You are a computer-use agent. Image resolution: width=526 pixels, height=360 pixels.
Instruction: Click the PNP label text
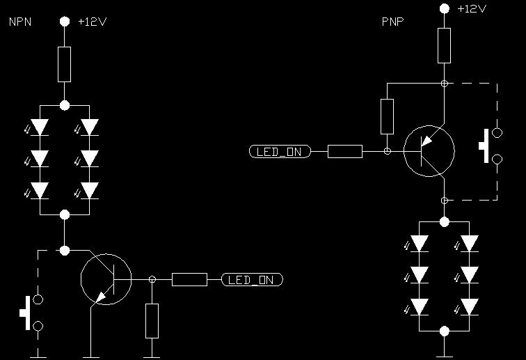[392, 22]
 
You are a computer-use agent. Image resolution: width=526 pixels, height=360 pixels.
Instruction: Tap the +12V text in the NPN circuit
[92, 22]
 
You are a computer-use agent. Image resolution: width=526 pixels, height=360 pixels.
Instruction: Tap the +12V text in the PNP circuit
[472, 8]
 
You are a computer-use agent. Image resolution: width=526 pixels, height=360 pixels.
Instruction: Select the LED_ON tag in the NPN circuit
[252, 280]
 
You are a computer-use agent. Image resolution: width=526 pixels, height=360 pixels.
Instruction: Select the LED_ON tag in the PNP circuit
[280, 150]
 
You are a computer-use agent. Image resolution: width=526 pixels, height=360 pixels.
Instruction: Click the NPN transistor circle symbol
[106, 279]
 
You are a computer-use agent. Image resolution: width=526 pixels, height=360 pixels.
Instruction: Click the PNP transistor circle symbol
[429, 150]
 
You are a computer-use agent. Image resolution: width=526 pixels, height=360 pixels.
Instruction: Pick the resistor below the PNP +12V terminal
[445, 45]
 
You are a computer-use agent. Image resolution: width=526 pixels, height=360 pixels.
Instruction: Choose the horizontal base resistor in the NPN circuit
[189, 280]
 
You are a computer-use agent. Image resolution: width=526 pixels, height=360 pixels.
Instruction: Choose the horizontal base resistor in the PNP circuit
[344, 150]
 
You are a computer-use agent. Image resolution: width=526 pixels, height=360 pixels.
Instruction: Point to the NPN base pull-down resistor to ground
[152, 320]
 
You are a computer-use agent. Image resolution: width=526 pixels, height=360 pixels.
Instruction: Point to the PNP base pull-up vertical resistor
[387, 116]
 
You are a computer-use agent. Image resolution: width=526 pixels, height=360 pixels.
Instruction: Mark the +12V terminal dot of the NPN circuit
[64, 22]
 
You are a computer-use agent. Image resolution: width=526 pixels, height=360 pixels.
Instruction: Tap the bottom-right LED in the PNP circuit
[470, 306]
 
